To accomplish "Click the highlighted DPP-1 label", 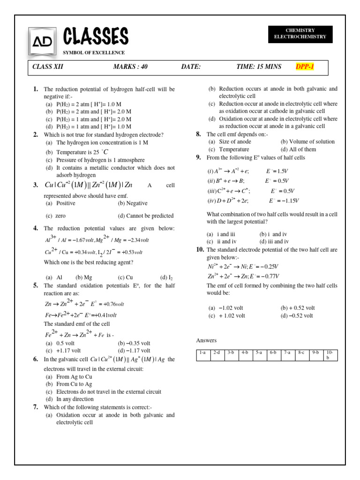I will coord(305,67).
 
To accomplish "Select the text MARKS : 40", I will coord(130,67).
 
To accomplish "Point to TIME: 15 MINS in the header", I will coord(259,67).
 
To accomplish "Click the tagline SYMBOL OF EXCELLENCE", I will coord(94,52).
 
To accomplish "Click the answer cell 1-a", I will coord(202,352).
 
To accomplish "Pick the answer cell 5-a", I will coord(259,352).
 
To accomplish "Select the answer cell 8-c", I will coord(301,352).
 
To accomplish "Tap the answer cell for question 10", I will coord(330,355).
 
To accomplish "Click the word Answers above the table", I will coord(206,340).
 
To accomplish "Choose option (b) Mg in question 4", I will coord(84,277).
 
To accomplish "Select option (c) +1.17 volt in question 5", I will coord(63,350).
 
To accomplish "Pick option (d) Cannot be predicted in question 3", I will coord(146,216).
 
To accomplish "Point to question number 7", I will coord(36,407).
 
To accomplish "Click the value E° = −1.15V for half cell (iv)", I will coord(284,201).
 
